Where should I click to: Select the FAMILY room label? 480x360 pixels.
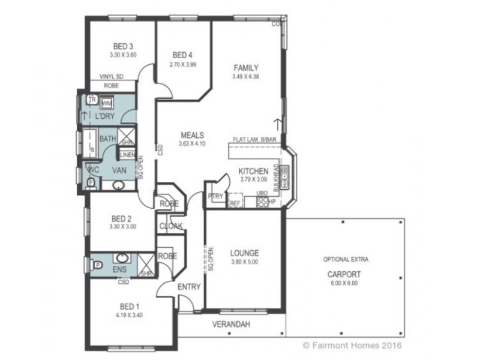coord(246,68)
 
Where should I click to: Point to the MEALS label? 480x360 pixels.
coord(193,135)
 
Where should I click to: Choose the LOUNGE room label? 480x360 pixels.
coord(244,253)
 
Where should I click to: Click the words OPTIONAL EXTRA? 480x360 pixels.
coord(345,260)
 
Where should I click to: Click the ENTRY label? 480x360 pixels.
coord(189,287)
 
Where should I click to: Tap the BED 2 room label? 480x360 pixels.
coord(122,218)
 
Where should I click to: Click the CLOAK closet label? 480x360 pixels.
coord(170,226)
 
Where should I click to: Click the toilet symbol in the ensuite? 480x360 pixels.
coord(97,262)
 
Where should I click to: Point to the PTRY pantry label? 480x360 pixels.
coord(215,196)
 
